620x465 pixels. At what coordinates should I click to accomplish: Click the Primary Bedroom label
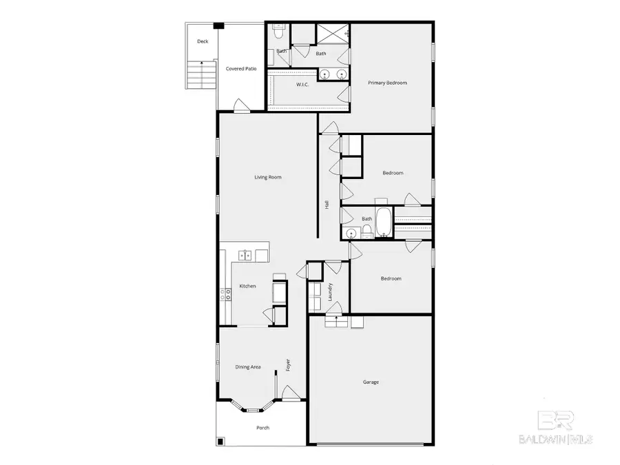pos(387,83)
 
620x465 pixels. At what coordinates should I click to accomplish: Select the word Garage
pos(371,382)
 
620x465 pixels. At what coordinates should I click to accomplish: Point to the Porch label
pos(262,428)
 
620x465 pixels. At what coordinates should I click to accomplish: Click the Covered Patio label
pos(241,68)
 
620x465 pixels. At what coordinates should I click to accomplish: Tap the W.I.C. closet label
pos(302,85)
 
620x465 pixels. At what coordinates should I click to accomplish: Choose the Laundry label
pos(331,292)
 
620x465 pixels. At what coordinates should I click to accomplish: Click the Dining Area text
pos(248,367)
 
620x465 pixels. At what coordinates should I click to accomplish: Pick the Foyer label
pos(288,364)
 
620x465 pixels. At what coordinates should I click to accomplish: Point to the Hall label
pos(327,205)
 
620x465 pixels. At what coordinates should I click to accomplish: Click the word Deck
pos(202,41)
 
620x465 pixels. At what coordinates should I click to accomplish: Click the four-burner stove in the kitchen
pos(225,294)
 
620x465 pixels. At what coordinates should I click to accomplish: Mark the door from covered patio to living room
pos(241,107)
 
